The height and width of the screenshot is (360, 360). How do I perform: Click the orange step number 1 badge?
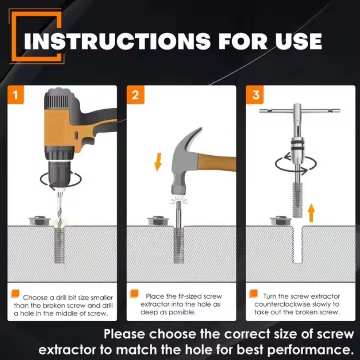(16, 95)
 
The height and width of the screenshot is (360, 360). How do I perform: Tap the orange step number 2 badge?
(135, 95)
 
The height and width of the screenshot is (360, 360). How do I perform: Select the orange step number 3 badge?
(255, 95)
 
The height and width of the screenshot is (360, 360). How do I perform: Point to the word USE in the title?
(296, 41)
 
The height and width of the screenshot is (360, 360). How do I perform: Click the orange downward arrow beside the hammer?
(158, 162)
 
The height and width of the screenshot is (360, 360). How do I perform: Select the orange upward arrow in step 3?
(311, 213)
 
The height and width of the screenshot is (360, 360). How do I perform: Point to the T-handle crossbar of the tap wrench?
(299, 111)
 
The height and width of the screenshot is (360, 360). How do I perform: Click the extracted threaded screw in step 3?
(298, 200)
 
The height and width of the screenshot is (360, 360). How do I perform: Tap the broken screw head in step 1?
(39, 220)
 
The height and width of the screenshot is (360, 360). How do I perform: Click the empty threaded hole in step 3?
(298, 244)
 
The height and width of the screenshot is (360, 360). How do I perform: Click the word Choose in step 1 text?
(35, 298)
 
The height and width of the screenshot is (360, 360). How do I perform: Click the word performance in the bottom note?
(309, 350)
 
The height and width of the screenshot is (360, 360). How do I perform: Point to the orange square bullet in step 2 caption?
(134, 294)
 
